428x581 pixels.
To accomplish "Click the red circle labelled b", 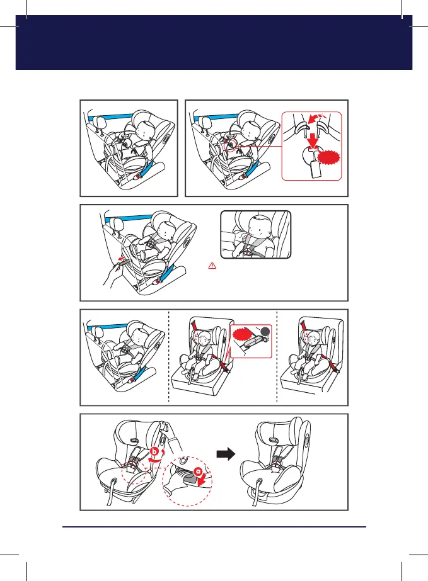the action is pos(154,452).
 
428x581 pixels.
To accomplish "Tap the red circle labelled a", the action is pos(198,472).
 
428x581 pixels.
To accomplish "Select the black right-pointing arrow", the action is pos(226,454).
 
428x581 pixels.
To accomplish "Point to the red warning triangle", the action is pos(212,265).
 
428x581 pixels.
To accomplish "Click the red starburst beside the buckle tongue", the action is pos(329,158).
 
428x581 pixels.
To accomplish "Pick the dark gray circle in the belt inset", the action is pos(265,332).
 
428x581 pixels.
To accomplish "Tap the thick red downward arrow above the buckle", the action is pos(313,140).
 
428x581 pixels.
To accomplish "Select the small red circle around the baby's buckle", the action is pos(230,145).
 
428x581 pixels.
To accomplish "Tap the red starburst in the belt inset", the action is pos(243,336).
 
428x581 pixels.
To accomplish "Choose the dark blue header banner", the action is pos(214,42).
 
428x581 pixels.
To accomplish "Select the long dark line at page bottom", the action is pos(214,526).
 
